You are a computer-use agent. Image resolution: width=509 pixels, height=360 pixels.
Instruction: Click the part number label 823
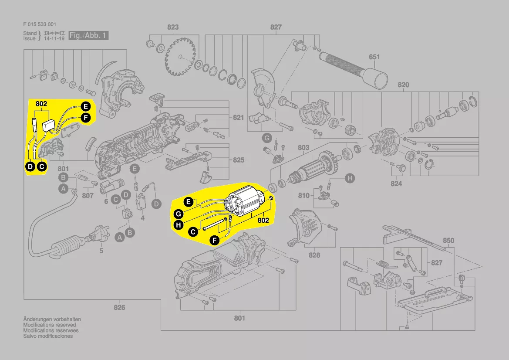pos(173,27)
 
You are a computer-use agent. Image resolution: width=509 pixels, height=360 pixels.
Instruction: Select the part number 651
pos(374,57)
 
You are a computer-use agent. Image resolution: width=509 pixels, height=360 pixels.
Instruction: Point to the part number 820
pos(403,85)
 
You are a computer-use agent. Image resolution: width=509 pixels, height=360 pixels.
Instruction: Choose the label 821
pos(238,118)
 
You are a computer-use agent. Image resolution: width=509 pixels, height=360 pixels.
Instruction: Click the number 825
pos(238,160)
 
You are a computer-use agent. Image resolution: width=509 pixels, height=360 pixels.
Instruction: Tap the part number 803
pos(303,148)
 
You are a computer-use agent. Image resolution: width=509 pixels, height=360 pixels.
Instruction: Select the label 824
pos(396,183)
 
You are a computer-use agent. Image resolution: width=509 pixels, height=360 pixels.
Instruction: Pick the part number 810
pos(304,195)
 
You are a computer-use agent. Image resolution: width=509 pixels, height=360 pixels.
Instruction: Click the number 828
pos(314,255)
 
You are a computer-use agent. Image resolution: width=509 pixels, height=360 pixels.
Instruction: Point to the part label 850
pos(448,241)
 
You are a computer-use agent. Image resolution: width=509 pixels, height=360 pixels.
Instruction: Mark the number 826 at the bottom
pos(119,308)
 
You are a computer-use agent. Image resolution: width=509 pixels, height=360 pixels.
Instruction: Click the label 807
pos(88,196)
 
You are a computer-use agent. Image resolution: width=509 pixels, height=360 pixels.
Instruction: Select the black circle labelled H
pos(178,225)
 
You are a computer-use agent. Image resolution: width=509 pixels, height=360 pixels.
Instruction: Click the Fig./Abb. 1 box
pos(88,35)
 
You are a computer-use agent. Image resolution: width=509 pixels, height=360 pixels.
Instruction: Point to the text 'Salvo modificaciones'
pos(48,336)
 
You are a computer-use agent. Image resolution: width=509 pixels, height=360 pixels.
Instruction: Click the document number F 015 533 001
pos(39,24)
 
